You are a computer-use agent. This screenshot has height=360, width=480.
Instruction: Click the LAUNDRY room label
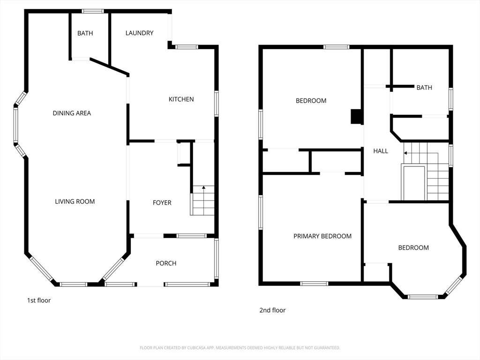pyautogui.click(x=139, y=33)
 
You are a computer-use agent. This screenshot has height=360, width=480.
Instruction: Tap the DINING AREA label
pyautogui.click(x=72, y=113)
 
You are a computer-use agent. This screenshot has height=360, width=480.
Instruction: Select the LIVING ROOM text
pyautogui.click(x=75, y=202)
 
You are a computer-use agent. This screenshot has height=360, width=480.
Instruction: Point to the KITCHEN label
pyautogui.click(x=181, y=99)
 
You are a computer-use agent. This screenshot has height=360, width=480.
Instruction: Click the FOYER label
pyautogui.click(x=162, y=202)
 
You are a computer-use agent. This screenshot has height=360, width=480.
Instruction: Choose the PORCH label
pyautogui.click(x=166, y=263)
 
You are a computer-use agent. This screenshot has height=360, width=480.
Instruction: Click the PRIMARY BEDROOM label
pyautogui.click(x=322, y=236)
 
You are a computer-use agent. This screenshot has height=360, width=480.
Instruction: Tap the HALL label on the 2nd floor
pyautogui.click(x=381, y=151)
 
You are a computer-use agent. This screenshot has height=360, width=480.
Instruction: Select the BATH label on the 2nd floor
pyautogui.click(x=424, y=88)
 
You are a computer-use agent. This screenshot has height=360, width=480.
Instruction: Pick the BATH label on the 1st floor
pyautogui.click(x=85, y=33)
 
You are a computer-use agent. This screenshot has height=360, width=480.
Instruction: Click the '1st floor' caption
pyautogui.click(x=39, y=300)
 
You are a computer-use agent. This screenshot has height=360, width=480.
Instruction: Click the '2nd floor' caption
pyautogui.click(x=272, y=310)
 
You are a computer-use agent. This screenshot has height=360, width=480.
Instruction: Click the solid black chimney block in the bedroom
pyautogui.click(x=356, y=117)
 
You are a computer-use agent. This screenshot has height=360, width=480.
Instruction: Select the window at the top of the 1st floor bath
pyautogui.click(x=92, y=11)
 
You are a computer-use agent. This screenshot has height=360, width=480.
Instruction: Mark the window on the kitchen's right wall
pyautogui.click(x=217, y=104)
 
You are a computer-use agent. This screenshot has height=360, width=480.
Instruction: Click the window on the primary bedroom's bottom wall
pyautogui.click(x=314, y=284)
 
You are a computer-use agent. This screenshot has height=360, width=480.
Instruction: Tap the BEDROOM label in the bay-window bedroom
pyautogui.click(x=413, y=247)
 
